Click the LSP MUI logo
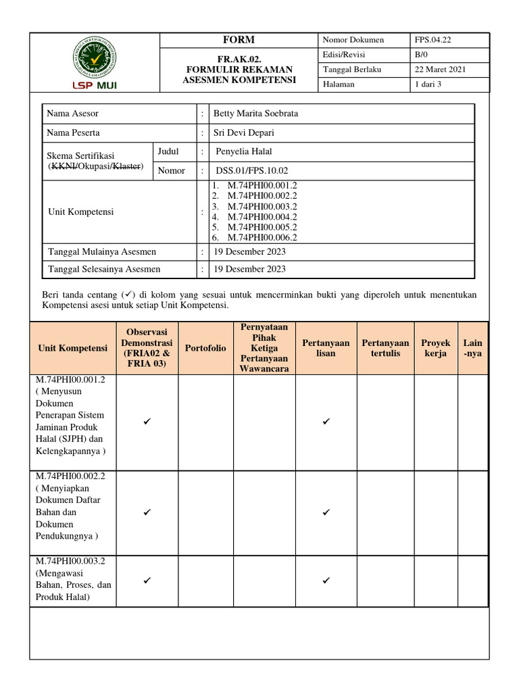[94, 64]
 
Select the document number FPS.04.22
[433, 40]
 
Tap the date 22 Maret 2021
[440, 69]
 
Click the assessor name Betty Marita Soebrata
[255, 114]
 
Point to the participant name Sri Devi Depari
[243, 132]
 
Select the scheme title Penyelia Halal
[243, 151]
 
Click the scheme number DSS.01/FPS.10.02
[251, 171]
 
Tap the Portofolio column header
[205, 349]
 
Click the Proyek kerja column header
[435, 349]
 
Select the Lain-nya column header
[473, 349]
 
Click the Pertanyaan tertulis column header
[385, 349]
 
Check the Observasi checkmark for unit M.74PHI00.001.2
[147, 422]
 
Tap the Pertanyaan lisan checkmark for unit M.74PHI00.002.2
[326, 513]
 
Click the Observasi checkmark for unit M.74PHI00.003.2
[147, 580]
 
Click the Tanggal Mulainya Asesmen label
[102, 252]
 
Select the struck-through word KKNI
[62, 166]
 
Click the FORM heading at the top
[239, 40]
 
